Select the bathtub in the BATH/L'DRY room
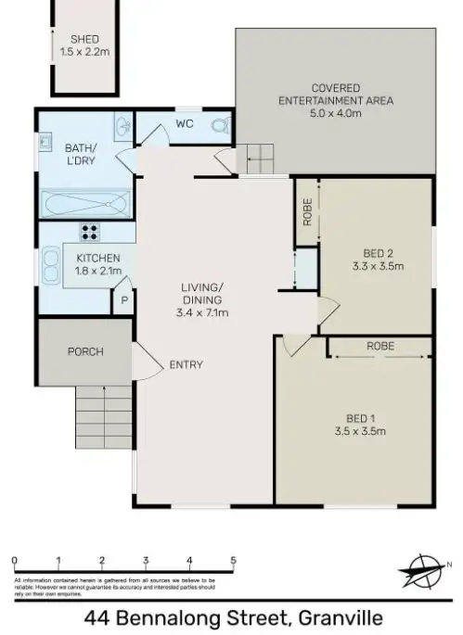point(86,201)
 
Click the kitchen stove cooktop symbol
point(91,232)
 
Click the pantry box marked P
point(123,300)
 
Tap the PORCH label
point(84,351)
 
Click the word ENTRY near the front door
point(186,364)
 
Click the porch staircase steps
point(104,417)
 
